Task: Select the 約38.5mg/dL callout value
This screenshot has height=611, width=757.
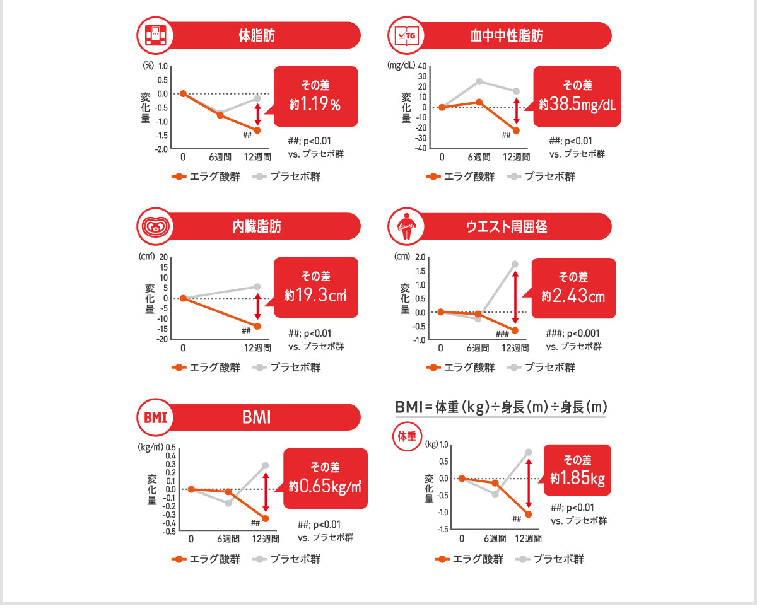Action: [577, 105]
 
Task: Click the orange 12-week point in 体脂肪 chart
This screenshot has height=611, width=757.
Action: [257, 130]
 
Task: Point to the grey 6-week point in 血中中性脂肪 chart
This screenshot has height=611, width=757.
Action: [479, 81]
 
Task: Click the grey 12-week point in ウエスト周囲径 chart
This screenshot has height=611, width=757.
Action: [515, 264]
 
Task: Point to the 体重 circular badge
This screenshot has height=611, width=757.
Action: [407, 436]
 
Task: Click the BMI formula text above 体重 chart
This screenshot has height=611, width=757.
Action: [500, 407]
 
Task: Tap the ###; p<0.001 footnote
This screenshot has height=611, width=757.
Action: [573, 334]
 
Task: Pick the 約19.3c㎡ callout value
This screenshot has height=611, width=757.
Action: [315, 294]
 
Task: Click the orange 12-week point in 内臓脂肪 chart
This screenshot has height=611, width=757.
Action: [257, 326]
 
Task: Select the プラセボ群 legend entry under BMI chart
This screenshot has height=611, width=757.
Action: [288, 559]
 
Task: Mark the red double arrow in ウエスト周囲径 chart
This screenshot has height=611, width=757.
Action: [515, 301]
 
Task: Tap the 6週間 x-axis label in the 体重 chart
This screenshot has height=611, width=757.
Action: [495, 538]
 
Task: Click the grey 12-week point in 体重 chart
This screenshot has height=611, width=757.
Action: [529, 452]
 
